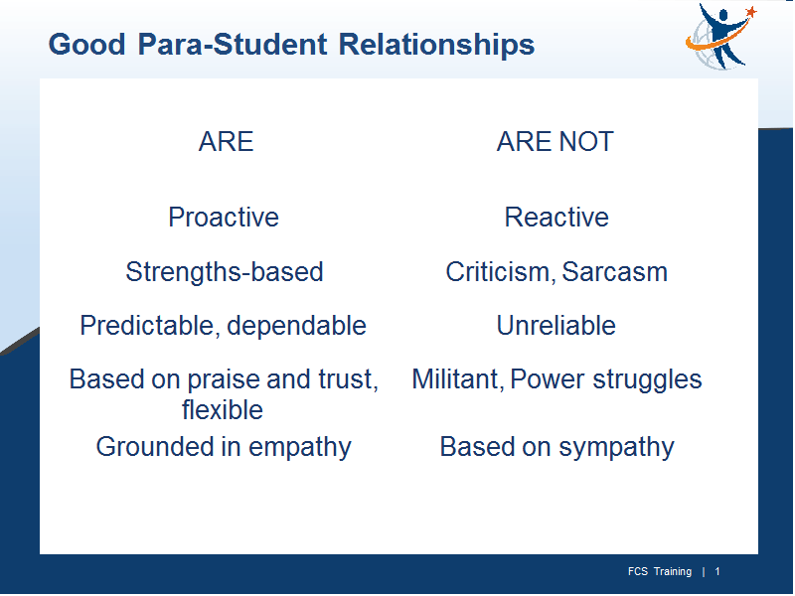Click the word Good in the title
[86, 44]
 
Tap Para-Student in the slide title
[233, 44]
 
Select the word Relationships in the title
[436, 44]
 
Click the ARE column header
[227, 141]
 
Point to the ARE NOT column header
[556, 141]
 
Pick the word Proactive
[224, 217]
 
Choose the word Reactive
[556, 217]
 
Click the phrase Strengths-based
[225, 271]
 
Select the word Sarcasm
[614, 271]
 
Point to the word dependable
[296, 326]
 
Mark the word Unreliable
[556, 326]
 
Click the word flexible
[223, 409]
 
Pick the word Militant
[458, 379]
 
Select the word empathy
[300, 448]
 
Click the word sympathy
[616, 448]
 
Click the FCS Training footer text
[660, 572]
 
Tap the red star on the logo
[751, 11]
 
